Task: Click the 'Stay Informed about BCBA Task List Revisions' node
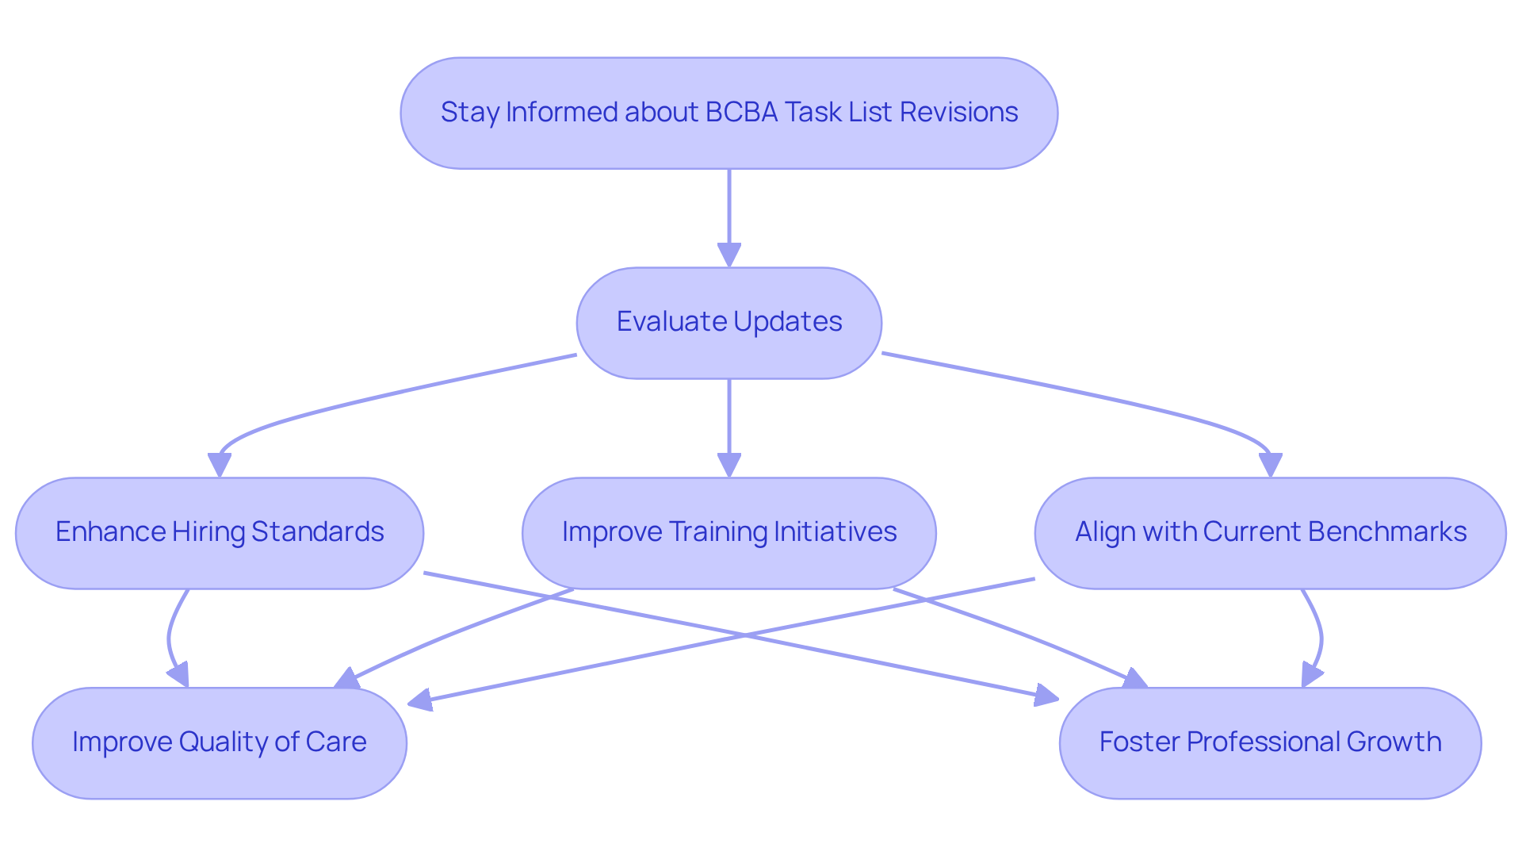tap(729, 113)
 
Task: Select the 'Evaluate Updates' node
tap(729, 323)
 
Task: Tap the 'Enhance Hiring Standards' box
tap(220, 533)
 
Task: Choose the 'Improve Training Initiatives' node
tap(729, 533)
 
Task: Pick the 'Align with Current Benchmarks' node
tap(1271, 533)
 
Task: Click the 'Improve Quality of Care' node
tap(220, 743)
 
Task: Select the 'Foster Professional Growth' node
tap(1271, 743)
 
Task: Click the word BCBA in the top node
tap(742, 113)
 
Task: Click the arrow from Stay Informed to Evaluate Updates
tap(729, 218)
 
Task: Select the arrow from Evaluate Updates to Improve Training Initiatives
tap(729, 428)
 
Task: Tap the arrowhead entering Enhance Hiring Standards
tap(220, 466)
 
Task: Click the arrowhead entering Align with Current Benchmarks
tap(1271, 466)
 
